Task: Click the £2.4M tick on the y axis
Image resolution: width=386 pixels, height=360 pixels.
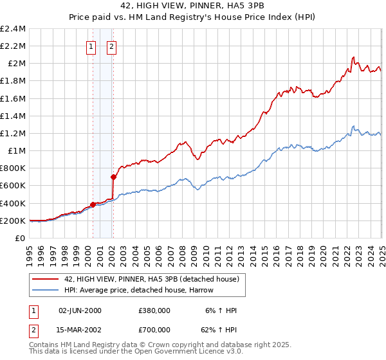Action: click(x=13, y=29)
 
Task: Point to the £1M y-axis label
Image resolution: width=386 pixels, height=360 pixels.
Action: click(x=17, y=150)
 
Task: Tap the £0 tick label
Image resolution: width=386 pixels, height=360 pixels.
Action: click(x=21, y=238)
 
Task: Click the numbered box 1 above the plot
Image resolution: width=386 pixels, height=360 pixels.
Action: click(x=91, y=46)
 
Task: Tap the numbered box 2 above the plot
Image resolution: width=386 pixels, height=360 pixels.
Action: click(x=111, y=46)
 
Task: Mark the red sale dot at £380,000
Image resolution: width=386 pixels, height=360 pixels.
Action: click(x=93, y=204)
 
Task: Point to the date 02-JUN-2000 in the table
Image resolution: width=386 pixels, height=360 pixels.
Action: click(x=80, y=310)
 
